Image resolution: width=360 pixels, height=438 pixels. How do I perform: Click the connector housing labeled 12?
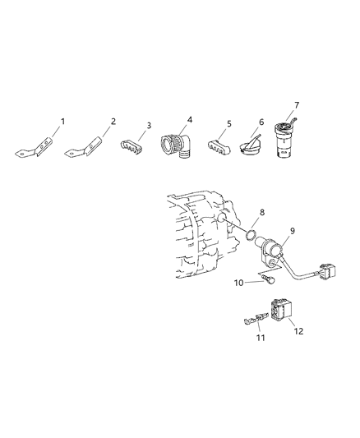(285, 313)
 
